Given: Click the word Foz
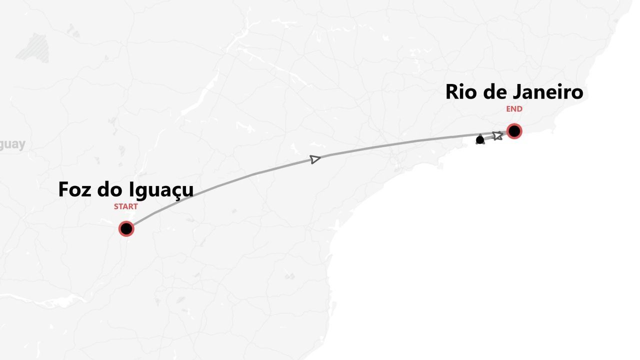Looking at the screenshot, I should pos(74,190).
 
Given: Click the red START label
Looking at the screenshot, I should pos(125,206).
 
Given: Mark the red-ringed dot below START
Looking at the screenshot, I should pos(126,229).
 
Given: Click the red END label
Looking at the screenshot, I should pos(514,109).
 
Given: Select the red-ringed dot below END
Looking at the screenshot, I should pos(514,131).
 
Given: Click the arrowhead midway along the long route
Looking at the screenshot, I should pos(315,159).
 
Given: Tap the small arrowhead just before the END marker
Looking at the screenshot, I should pos(497,135).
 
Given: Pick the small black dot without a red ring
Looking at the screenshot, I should pos(480,140).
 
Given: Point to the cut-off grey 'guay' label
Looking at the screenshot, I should pos(12,145).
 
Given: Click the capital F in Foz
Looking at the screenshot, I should pos(63,190).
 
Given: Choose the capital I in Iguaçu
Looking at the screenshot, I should pos(131,190).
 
